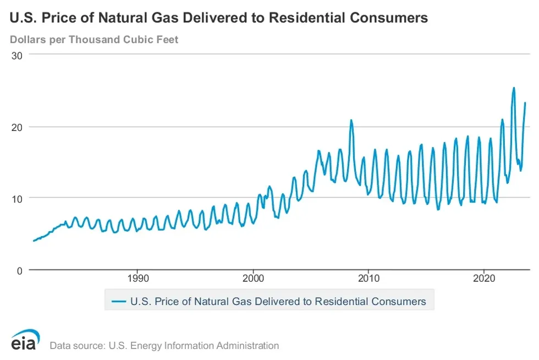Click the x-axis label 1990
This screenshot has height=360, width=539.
pyautogui.click(x=137, y=278)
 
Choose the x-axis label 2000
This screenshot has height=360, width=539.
pyautogui.click(x=253, y=278)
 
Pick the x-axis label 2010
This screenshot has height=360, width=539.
pyautogui.click(x=369, y=278)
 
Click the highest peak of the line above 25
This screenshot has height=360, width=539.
pyautogui.click(x=514, y=88)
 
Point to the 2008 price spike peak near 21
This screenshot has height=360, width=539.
pyautogui.click(x=351, y=120)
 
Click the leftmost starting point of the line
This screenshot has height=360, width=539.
pyautogui.click(x=34, y=241)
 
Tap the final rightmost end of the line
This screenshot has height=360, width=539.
pyautogui.click(x=525, y=102)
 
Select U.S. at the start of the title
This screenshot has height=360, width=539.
pyautogui.click(x=21, y=18)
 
